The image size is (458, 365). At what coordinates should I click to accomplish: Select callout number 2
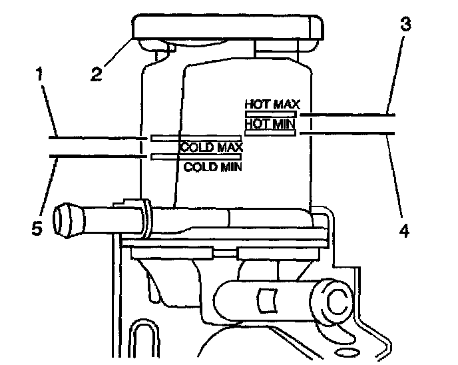(x=98, y=73)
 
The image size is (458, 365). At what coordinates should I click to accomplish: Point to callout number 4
(x=404, y=231)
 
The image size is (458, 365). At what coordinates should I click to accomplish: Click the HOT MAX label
(x=273, y=105)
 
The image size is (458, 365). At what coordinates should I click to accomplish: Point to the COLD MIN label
(x=213, y=167)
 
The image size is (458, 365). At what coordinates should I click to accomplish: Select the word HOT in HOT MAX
(x=257, y=105)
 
